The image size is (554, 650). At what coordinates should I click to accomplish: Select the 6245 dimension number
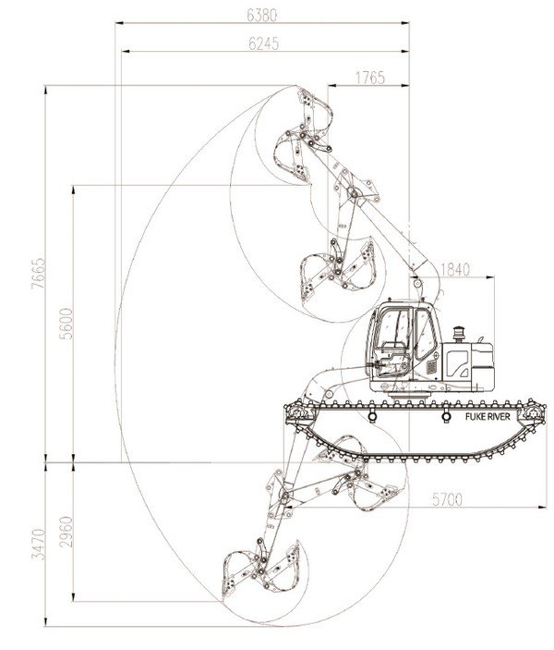264,43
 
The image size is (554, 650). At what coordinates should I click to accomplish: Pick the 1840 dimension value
455,270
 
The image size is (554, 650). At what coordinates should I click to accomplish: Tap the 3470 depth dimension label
36,546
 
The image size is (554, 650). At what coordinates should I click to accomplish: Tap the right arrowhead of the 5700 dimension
545,508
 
